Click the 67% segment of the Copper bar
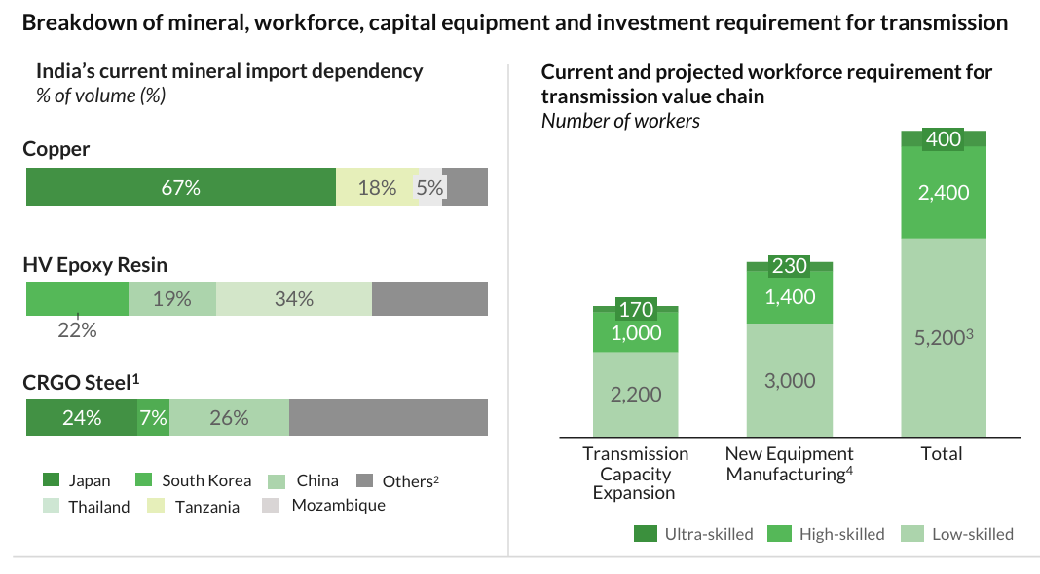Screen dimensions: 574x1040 tap(181, 187)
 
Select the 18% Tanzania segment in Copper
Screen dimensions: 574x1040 tap(377, 187)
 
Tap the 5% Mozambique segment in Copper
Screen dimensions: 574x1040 tap(429, 187)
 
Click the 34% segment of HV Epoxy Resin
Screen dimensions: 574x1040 tap(294, 299)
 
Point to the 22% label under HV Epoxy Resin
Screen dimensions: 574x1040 tap(78, 330)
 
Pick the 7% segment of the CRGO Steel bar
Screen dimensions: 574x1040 tap(154, 418)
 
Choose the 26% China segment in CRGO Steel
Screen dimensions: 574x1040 tap(229, 418)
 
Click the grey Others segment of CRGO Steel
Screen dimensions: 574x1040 tap(388, 418)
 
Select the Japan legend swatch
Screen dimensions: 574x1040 tap(52, 480)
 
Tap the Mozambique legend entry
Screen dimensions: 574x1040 tap(338, 505)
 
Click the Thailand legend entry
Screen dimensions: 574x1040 tap(98, 507)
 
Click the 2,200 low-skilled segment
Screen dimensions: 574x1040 tap(636, 395)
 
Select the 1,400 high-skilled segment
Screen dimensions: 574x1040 tap(790, 297)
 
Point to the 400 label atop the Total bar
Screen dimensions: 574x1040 tap(944, 139)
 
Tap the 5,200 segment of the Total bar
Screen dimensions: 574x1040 tap(944, 337)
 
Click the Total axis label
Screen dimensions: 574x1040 tap(942, 453)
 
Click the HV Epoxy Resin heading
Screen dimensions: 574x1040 tap(95, 265)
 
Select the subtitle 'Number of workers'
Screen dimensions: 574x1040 tap(620, 121)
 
